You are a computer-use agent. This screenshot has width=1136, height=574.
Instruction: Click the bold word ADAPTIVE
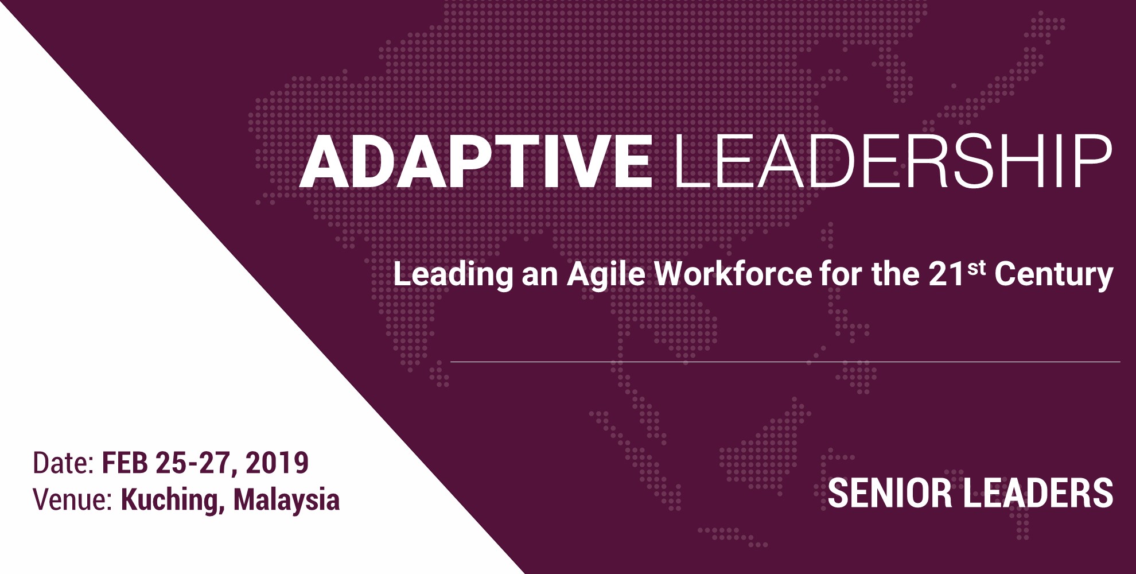pos(476,161)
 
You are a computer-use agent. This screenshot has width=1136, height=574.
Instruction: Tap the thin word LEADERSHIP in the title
pos(892,161)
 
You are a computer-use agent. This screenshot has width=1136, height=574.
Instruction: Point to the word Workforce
pos(733,274)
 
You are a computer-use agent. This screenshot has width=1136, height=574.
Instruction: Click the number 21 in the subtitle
pos(946,274)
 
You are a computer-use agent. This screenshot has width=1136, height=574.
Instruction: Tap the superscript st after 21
pos(977,268)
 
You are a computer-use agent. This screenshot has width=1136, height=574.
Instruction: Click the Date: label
pos(63,463)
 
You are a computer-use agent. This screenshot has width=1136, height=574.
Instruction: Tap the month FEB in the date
pos(125,463)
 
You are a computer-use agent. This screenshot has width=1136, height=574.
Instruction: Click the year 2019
pos(277,463)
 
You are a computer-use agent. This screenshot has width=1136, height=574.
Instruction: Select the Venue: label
pos(72,499)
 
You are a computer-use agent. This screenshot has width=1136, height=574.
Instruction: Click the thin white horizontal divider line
pos(785,362)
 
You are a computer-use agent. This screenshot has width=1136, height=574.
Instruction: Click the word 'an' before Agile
pos(540,277)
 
